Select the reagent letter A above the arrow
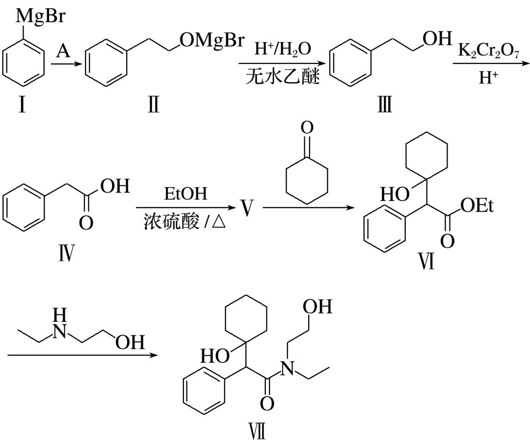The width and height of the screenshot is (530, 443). (62, 51)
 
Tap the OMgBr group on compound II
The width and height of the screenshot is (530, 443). (212, 42)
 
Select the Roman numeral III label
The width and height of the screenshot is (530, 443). (384, 106)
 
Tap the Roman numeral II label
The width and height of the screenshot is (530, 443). (153, 106)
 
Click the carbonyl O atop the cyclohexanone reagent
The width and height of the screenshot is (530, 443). (307, 128)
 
